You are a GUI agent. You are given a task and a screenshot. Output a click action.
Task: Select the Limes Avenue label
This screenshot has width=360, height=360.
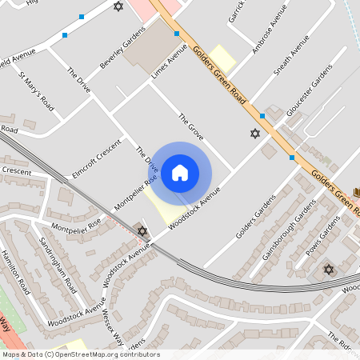tap(169, 62)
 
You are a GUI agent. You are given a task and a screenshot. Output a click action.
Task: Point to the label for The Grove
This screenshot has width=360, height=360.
tap(192, 124)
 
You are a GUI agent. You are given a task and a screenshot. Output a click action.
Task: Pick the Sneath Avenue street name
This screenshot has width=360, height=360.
tap(290, 59)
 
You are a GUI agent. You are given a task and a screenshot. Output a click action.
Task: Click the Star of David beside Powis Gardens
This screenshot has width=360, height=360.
tap(327, 269)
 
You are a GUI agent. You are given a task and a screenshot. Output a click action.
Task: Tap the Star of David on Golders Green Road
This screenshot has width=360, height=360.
tap(255, 133)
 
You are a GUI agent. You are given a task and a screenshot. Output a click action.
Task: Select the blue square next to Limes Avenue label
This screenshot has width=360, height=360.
tap(176, 34)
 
